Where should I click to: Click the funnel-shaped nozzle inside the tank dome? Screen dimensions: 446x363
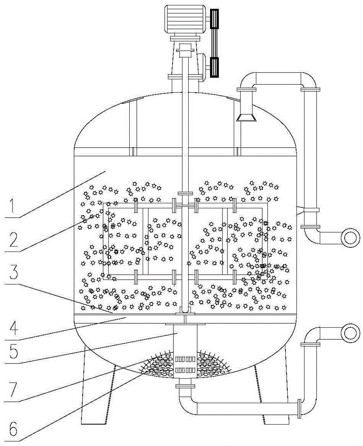(x=246, y=117)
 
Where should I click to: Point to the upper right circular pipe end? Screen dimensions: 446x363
(x=350, y=236)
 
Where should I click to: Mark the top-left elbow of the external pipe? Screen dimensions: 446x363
(x=247, y=83)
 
